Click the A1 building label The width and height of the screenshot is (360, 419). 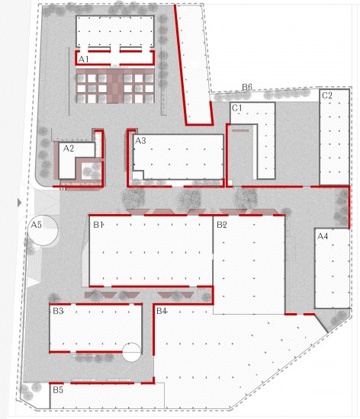(83, 59)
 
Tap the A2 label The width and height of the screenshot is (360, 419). (69, 149)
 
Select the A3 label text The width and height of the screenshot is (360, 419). (140, 141)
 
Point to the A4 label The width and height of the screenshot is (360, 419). (323, 236)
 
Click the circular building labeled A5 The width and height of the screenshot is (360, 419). (43, 230)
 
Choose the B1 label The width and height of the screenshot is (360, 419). (98, 225)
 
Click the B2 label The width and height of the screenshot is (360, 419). (222, 225)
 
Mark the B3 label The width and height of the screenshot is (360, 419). (58, 311)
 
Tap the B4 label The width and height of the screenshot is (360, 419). (162, 311)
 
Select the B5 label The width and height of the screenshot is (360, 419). (58, 390)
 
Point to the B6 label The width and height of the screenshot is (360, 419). (247, 87)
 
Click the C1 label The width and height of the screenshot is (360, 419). (237, 108)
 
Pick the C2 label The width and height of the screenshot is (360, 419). (327, 95)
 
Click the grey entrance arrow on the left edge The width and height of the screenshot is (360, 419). (19, 203)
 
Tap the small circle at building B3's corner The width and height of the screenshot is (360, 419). (131, 352)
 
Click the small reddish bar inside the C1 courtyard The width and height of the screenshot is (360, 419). (240, 131)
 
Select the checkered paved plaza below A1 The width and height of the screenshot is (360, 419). (115, 86)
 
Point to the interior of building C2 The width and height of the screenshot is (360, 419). (334, 137)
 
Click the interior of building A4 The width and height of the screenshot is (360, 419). (332, 269)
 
